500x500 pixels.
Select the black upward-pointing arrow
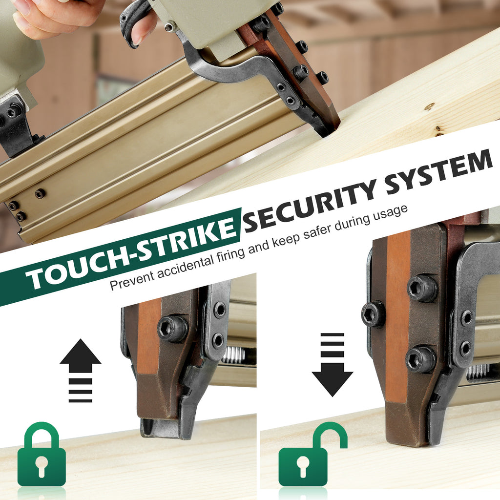pyautogui.click(x=81, y=371)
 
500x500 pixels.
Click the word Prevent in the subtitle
pyautogui.click(x=131, y=279)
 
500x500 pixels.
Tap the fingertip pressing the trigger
pyautogui.click(x=140, y=35)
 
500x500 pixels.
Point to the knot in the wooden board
pyautogui.click(x=430, y=106)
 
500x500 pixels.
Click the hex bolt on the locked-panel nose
pyautogui.click(x=172, y=329)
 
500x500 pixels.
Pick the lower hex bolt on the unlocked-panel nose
pyautogui.click(x=420, y=359)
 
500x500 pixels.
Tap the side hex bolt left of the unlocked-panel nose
pyautogui.click(x=373, y=314)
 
